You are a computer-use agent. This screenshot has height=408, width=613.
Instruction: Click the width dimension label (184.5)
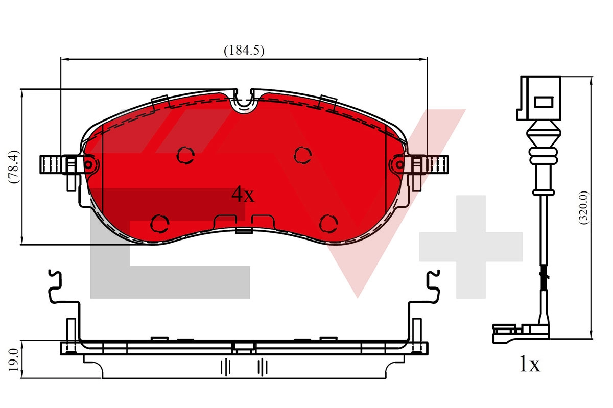[244, 51]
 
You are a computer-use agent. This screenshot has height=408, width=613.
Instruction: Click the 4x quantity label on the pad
[243, 194]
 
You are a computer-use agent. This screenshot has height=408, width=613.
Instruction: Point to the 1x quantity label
[529, 365]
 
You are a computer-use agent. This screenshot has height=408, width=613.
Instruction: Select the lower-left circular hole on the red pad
[160, 223]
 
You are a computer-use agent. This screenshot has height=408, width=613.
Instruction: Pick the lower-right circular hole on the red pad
[328, 223]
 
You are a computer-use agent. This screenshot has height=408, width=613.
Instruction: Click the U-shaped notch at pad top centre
[244, 102]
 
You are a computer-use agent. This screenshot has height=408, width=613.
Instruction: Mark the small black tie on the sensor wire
[545, 278]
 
